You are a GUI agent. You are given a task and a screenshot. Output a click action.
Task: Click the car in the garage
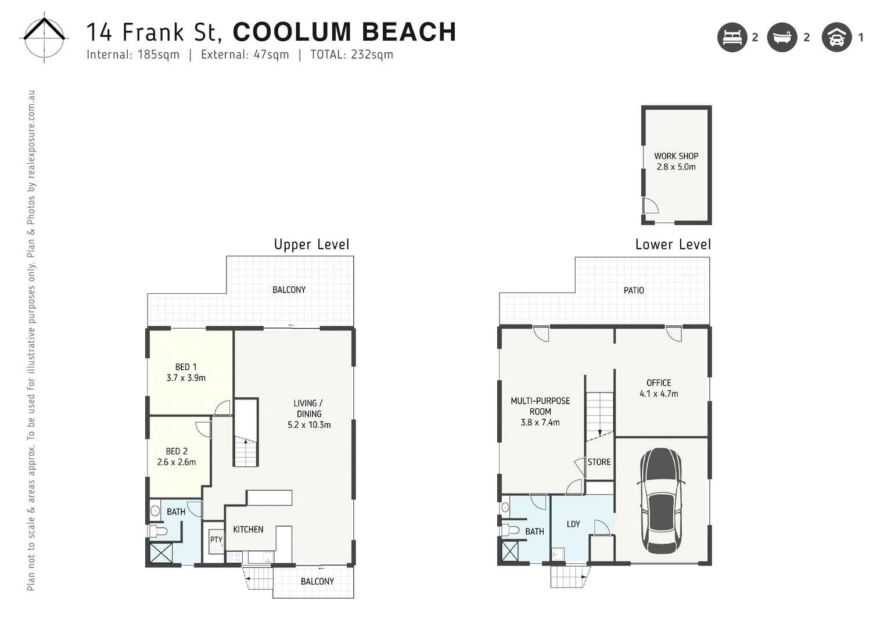[x=661, y=500]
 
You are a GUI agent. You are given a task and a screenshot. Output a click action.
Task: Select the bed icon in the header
[x=732, y=38]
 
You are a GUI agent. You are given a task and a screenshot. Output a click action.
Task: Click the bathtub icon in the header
[x=782, y=38]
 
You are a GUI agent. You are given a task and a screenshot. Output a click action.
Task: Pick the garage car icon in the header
[x=836, y=38]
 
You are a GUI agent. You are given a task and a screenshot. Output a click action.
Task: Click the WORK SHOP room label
[x=676, y=156]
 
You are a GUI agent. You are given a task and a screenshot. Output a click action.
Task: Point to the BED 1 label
[x=186, y=367]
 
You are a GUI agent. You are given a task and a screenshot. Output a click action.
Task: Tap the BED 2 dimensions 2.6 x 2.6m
[x=177, y=462]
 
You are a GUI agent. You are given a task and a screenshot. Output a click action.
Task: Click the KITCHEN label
[x=248, y=530]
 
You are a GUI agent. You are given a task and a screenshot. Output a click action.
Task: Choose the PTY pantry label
[x=216, y=540]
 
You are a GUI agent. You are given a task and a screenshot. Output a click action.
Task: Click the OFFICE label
[x=659, y=383]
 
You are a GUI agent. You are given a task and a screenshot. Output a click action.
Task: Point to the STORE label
[x=599, y=462]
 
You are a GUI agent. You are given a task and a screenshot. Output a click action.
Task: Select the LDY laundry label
[x=573, y=524]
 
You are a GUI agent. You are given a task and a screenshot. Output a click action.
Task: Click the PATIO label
[x=634, y=290]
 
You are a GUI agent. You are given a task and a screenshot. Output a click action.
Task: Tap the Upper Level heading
[x=312, y=244]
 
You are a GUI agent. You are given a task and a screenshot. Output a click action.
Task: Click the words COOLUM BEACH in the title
[x=344, y=33]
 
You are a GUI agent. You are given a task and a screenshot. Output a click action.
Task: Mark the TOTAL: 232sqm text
[x=351, y=55]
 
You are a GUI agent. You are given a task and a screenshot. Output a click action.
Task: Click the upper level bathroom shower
[x=161, y=552]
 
